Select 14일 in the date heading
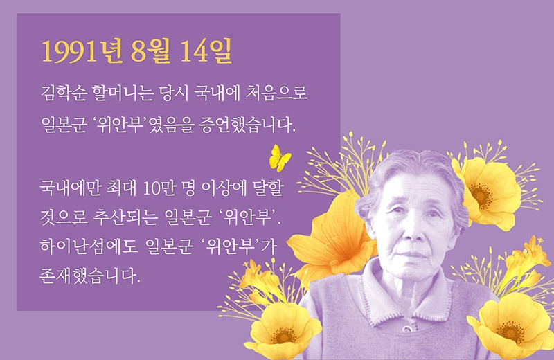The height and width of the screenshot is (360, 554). pos(206,51)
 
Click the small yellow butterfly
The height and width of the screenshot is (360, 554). pos(280,158)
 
